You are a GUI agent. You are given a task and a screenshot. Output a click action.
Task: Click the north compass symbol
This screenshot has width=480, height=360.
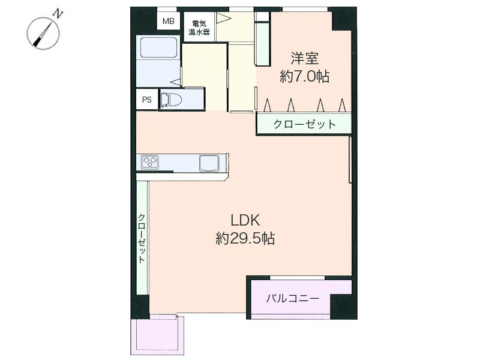pyautogui.click(x=44, y=34)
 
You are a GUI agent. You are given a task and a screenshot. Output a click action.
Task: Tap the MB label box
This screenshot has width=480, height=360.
pyautogui.click(x=167, y=22)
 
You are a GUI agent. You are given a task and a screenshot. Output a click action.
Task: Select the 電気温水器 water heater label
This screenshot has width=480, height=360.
pyautogui.click(x=199, y=28)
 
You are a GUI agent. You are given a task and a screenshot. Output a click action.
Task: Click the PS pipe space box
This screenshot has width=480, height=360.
pyautogui.click(x=146, y=100)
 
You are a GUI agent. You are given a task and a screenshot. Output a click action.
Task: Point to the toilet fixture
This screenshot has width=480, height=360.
pyautogui.click(x=172, y=99)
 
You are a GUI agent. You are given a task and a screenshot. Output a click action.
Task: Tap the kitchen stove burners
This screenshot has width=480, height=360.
pyautogui.click(x=150, y=162)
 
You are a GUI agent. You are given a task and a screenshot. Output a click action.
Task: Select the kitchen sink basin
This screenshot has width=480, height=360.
pyautogui.click(x=209, y=162)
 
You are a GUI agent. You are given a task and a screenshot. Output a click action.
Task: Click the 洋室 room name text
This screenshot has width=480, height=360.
pyautogui.click(x=304, y=59)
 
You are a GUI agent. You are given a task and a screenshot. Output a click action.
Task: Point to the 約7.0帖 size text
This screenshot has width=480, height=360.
pyautogui.click(x=304, y=76)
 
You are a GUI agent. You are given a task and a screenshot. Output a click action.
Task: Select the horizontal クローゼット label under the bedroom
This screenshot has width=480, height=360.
pyautogui.click(x=304, y=124)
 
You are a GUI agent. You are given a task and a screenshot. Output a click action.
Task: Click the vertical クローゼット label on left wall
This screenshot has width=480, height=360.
pyautogui.click(x=142, y=238)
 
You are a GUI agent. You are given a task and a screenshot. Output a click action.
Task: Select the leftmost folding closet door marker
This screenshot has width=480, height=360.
pyautogui.click(x=266, y=106)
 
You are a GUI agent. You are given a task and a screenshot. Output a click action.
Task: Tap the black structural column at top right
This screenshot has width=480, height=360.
pyautogui.click(x=344, y=18)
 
